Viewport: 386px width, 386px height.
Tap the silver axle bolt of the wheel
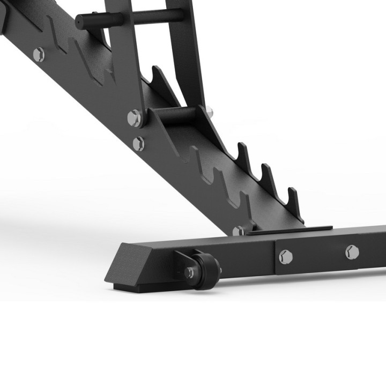[189, 273]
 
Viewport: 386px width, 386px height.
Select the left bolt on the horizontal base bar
[285, 256]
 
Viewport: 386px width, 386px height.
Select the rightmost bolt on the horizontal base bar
[352, 250]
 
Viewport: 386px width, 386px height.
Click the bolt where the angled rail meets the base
[238, 231]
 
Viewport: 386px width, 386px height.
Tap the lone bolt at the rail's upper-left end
[38, 54]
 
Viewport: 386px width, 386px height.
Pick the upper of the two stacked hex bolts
[133, 117]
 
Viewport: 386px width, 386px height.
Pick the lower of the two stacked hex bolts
[138, 143]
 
